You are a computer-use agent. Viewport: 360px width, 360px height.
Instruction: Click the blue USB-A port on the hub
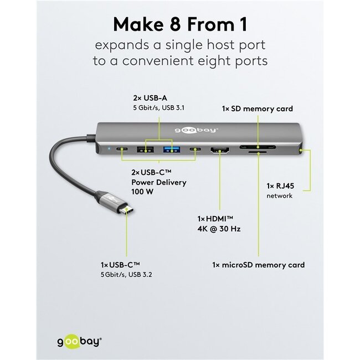click(x=168, y=148)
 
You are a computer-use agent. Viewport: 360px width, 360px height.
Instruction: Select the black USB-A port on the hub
click(x=146, y=148)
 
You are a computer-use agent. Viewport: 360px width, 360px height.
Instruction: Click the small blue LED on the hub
click(x=109, y=148)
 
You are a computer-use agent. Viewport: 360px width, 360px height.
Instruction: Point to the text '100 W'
click(x=143, y=192)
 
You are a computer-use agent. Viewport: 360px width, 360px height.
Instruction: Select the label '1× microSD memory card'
click(x=259, y=265)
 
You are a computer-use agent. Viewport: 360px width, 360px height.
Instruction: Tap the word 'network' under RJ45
click(x=280, y=196)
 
